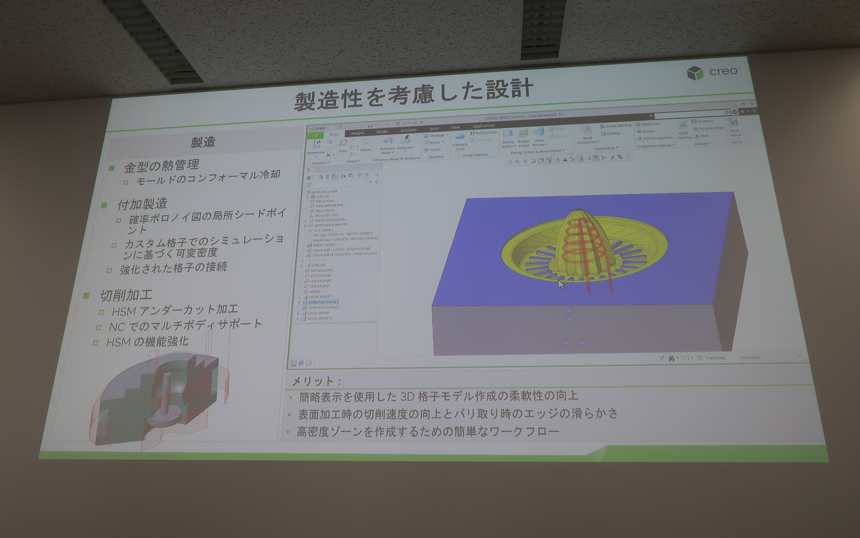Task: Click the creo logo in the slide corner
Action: (x=713, y=72)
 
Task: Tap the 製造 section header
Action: (x=203, y=142)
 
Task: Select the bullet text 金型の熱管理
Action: (x=161, y=166)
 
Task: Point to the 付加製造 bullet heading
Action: (x=142, y=204)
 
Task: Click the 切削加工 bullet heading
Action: (x=126, y=295)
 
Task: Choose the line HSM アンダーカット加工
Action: (x=175, y=310)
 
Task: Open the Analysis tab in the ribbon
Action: (x=357, y=133)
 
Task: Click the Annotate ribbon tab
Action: (x=408, y=130)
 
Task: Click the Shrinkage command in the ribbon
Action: (x=435, y=135)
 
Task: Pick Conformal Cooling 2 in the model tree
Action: (x=323, y=302)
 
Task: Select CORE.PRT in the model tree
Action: (x=318, y=265)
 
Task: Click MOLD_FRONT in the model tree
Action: (x=325, y=210)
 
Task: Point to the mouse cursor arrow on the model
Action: (x=560, y=284)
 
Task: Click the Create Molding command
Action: (x=618, y=126)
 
